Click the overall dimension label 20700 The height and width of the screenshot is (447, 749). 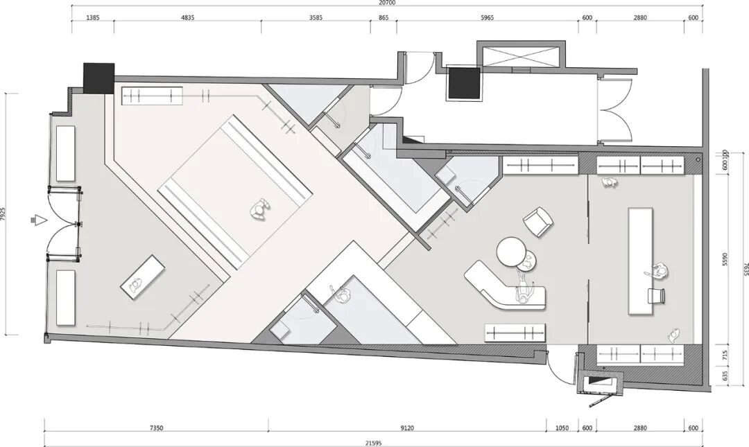388,2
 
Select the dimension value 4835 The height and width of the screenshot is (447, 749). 188,17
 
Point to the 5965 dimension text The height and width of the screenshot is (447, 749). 487,17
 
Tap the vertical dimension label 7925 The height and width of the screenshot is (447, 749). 3,214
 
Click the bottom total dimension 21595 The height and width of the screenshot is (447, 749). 374,443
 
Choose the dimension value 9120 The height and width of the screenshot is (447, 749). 407,428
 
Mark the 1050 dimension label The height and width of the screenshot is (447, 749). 562,428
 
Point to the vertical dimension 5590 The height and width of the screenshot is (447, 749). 725,259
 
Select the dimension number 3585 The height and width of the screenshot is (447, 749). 316,17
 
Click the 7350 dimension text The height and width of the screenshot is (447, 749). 156,428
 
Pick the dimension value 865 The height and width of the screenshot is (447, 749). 384,17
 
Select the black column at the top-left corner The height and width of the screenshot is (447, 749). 99,78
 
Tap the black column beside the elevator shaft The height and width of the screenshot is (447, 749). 463,83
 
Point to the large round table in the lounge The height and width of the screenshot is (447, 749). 512,251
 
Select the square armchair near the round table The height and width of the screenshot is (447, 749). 538,222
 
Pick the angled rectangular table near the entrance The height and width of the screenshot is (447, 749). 143,277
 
